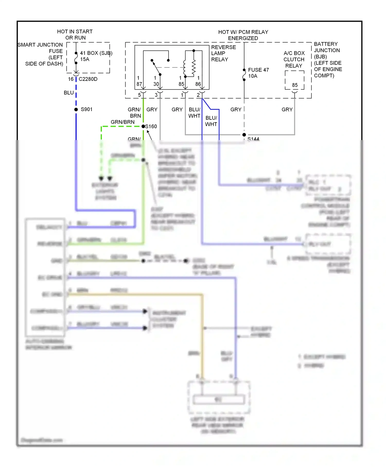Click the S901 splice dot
[76, 109]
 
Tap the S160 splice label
[151, 126]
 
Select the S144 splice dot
[244, 135]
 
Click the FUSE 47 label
[258, 70]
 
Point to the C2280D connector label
[88, 79]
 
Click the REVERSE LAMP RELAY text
[223, 53]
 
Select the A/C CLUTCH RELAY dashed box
[294, 80]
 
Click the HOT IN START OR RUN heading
[75, 34]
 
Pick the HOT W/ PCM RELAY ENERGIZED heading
[243, 35]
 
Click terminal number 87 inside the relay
[139, 84]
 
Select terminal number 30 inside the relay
[156, 84]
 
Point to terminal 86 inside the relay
[198, 84]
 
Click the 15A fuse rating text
[85, 59]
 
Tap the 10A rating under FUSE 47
[252, 76]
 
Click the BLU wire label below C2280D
[69, 93]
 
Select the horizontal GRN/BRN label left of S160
[122, 122]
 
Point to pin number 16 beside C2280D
[71, 79]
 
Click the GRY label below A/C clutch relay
[287, 109]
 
